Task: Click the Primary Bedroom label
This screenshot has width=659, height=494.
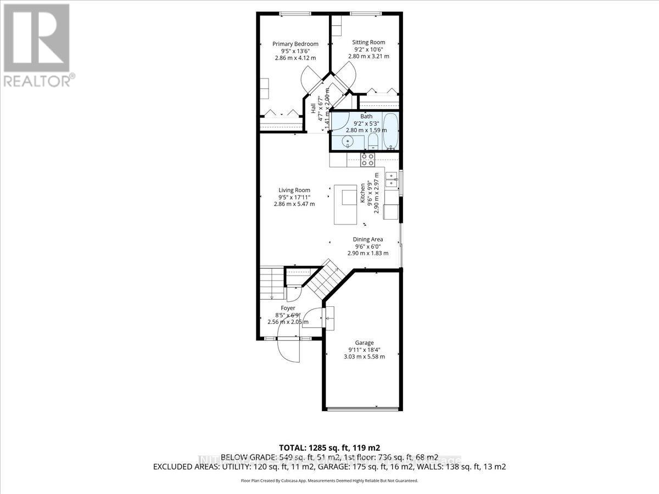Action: tap(295, 44)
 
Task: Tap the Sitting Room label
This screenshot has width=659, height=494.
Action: tap(368, 42)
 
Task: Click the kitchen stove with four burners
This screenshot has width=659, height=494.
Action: tap(367, 160)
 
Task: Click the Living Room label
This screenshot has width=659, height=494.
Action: tap(294, 190)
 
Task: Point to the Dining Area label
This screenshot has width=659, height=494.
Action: tap(367, 239)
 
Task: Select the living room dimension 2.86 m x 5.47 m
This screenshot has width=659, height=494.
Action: tap(294, 204)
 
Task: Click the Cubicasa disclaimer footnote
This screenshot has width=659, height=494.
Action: tap(329, 480)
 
